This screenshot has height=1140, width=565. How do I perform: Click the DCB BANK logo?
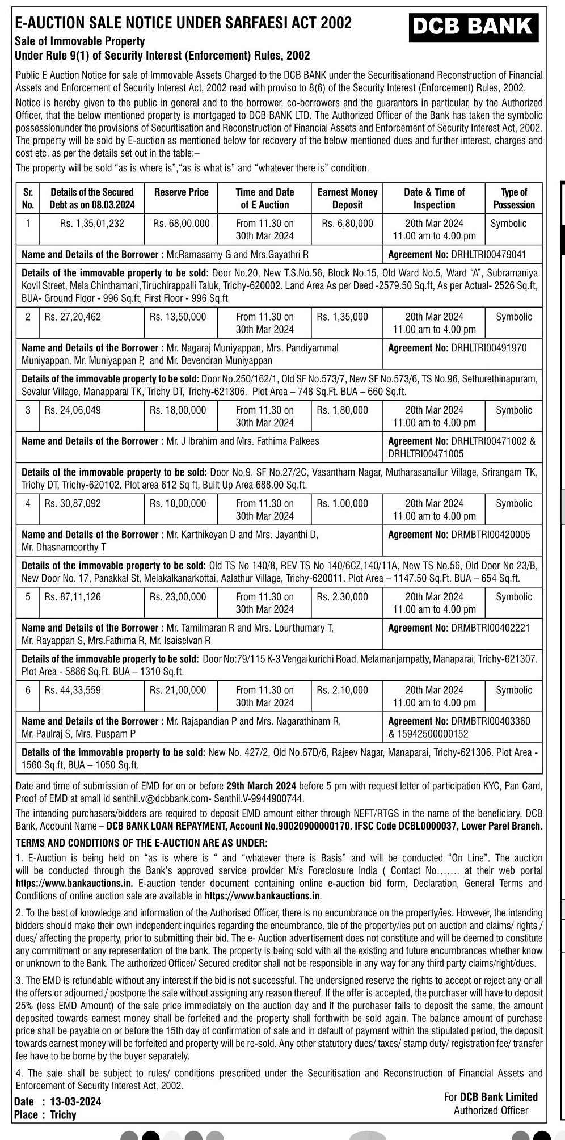[473, 27]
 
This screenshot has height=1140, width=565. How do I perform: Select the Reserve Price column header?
[181, 192]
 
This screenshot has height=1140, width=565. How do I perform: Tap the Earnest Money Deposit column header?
[347, 199]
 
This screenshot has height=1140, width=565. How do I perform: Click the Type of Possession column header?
[513, 199]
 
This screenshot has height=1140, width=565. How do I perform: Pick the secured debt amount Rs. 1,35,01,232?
[92, 224]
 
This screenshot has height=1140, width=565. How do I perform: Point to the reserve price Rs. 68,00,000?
[181, 224]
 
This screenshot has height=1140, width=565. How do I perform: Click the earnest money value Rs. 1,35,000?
[342, 317]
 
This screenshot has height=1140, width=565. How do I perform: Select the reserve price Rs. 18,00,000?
[178, 410]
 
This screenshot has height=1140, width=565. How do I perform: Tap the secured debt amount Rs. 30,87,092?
[73, 503]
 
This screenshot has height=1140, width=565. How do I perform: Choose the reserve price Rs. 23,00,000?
[178, 597]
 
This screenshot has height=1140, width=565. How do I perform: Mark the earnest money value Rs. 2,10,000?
[342, 691]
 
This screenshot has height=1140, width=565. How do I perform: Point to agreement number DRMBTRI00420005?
[490, 535]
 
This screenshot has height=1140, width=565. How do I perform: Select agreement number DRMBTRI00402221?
[490, 628]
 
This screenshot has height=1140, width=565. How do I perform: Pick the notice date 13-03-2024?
[75, 1102]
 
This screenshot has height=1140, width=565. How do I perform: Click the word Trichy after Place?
[63, 1115]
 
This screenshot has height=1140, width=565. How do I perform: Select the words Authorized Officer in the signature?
[491, 1111]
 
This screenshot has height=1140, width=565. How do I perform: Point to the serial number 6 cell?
[28, 691]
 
